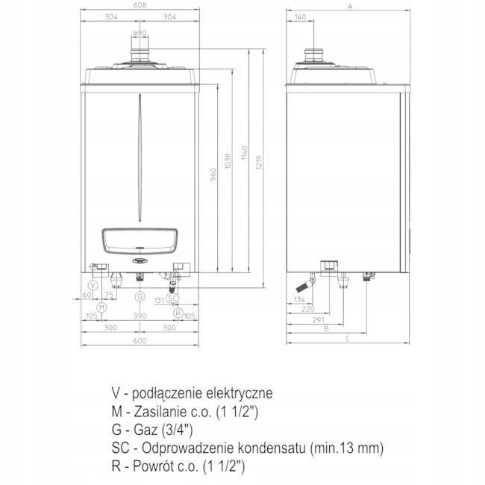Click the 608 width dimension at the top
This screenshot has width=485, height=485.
(x=140, y=5)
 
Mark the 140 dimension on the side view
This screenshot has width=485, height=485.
(x=301, y=16)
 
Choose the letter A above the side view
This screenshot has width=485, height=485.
(x=350, y=5)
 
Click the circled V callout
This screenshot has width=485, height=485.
(x=93, y=286)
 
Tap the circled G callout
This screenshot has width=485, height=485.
(x=140, y=296)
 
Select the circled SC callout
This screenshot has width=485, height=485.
(x=172, y=298)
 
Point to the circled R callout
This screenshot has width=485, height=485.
(x=178, y=312)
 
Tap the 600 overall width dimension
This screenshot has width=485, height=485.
(x=140, y=341)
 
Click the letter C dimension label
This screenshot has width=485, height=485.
(x=348, y=339)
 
